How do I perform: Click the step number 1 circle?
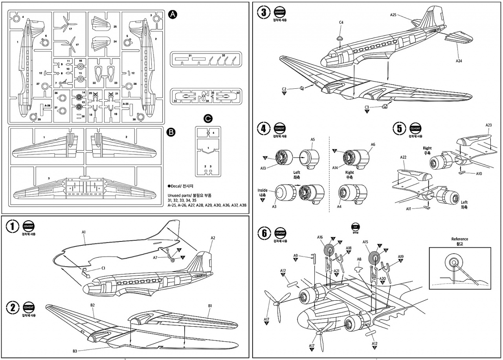point(13,226)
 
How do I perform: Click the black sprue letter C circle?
point(209,118)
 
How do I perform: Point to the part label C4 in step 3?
point(341,22)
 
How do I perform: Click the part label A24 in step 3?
point(459,61)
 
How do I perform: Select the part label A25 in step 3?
point(393,15)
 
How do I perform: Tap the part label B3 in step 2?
point(75,351)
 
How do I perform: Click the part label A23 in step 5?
point(488,125)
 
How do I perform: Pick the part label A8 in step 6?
point(359,259)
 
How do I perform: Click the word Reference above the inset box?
point(459,239)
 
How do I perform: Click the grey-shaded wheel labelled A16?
point(329,250)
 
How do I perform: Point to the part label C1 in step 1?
point(103,269)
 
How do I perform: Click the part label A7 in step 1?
point(155,258)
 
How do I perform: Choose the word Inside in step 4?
point(263,191)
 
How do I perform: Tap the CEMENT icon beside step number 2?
point(29,307)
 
